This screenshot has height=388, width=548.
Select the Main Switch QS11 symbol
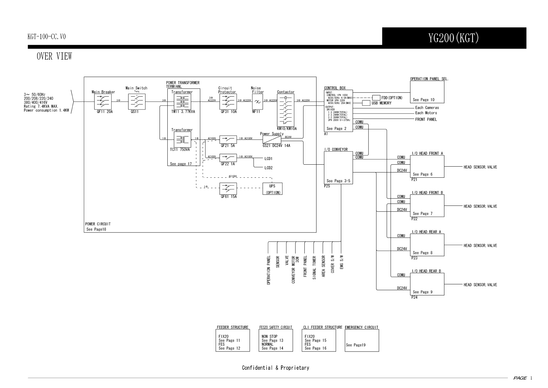(136, 101)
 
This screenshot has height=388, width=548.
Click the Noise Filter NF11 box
(257, 102)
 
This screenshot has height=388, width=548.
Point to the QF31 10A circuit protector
(228, 102)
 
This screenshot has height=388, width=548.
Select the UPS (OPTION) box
(273, 189)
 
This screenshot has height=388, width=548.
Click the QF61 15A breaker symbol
(228, 188)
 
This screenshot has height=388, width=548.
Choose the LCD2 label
(269, 168)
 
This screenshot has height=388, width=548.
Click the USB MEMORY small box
(366, 103)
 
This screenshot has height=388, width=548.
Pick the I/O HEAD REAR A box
(427, 245)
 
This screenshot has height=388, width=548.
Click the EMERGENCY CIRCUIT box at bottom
(362, 340)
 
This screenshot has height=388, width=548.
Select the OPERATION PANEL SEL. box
(427, 92)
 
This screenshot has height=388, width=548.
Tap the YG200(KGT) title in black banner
(454, 38)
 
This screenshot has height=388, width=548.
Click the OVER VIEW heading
(54, 56)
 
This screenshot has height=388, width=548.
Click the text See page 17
(181, 164)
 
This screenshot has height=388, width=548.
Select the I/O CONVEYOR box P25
(338, 168)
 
